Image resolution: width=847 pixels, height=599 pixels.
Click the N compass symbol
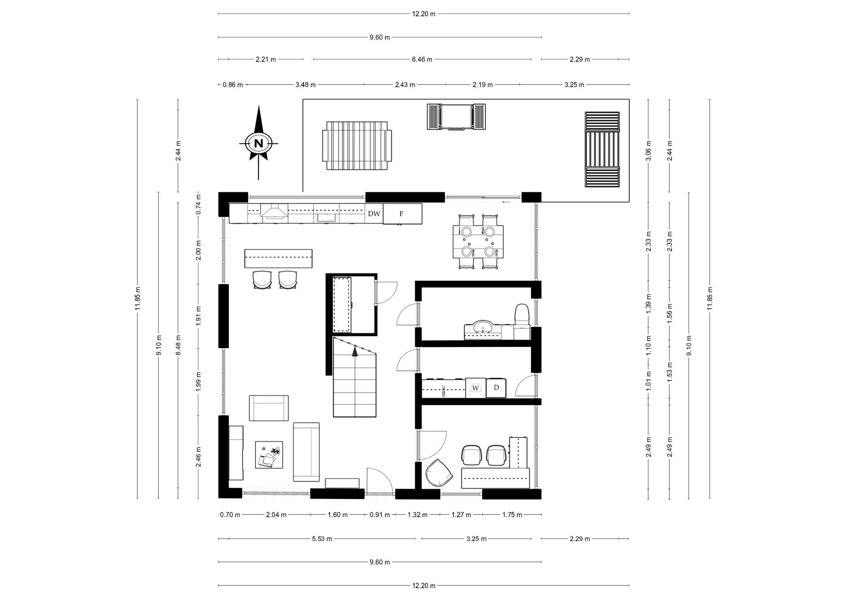[259, 143]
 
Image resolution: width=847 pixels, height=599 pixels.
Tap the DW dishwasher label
[374, 214]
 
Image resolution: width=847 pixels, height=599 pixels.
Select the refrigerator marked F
[402, 214]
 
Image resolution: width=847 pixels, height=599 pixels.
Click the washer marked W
[476, 388]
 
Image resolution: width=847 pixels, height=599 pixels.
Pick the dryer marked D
[496, 388]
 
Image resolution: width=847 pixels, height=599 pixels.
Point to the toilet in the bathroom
[522, 316]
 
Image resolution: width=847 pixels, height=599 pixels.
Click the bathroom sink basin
[483, 328]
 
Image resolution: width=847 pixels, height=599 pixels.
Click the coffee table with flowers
[269, 455]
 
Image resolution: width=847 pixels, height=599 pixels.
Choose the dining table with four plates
[478, 242]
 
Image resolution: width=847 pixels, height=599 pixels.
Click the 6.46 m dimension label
[422, 59]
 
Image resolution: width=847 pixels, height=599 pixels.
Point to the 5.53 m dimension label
[322, 539]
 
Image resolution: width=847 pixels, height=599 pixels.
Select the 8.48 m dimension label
[178, 345]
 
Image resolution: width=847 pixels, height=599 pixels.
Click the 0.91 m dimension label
[380, 515]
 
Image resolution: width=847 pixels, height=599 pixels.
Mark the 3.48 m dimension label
[305, 85]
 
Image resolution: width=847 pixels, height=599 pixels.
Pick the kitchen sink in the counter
[326, 217]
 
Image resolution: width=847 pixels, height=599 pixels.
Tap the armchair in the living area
[269, 408]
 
